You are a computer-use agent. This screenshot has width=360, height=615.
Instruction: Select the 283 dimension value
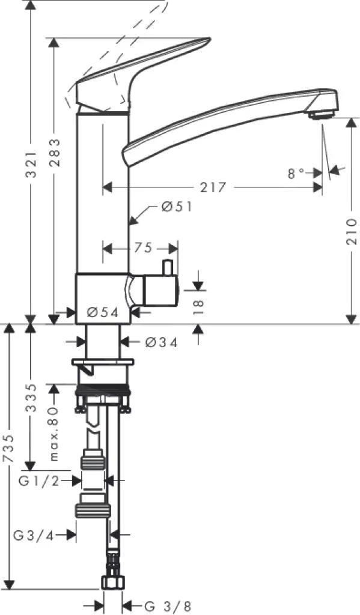(55, 154)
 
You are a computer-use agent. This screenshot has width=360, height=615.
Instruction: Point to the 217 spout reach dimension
(213, 188)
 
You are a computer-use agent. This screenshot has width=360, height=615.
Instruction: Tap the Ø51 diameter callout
(176, 207)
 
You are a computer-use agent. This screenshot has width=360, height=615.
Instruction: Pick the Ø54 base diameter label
(101, 312)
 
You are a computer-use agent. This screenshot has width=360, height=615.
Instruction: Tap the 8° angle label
(297, 174)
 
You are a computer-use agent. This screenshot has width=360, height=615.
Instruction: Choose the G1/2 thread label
(39, 480)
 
